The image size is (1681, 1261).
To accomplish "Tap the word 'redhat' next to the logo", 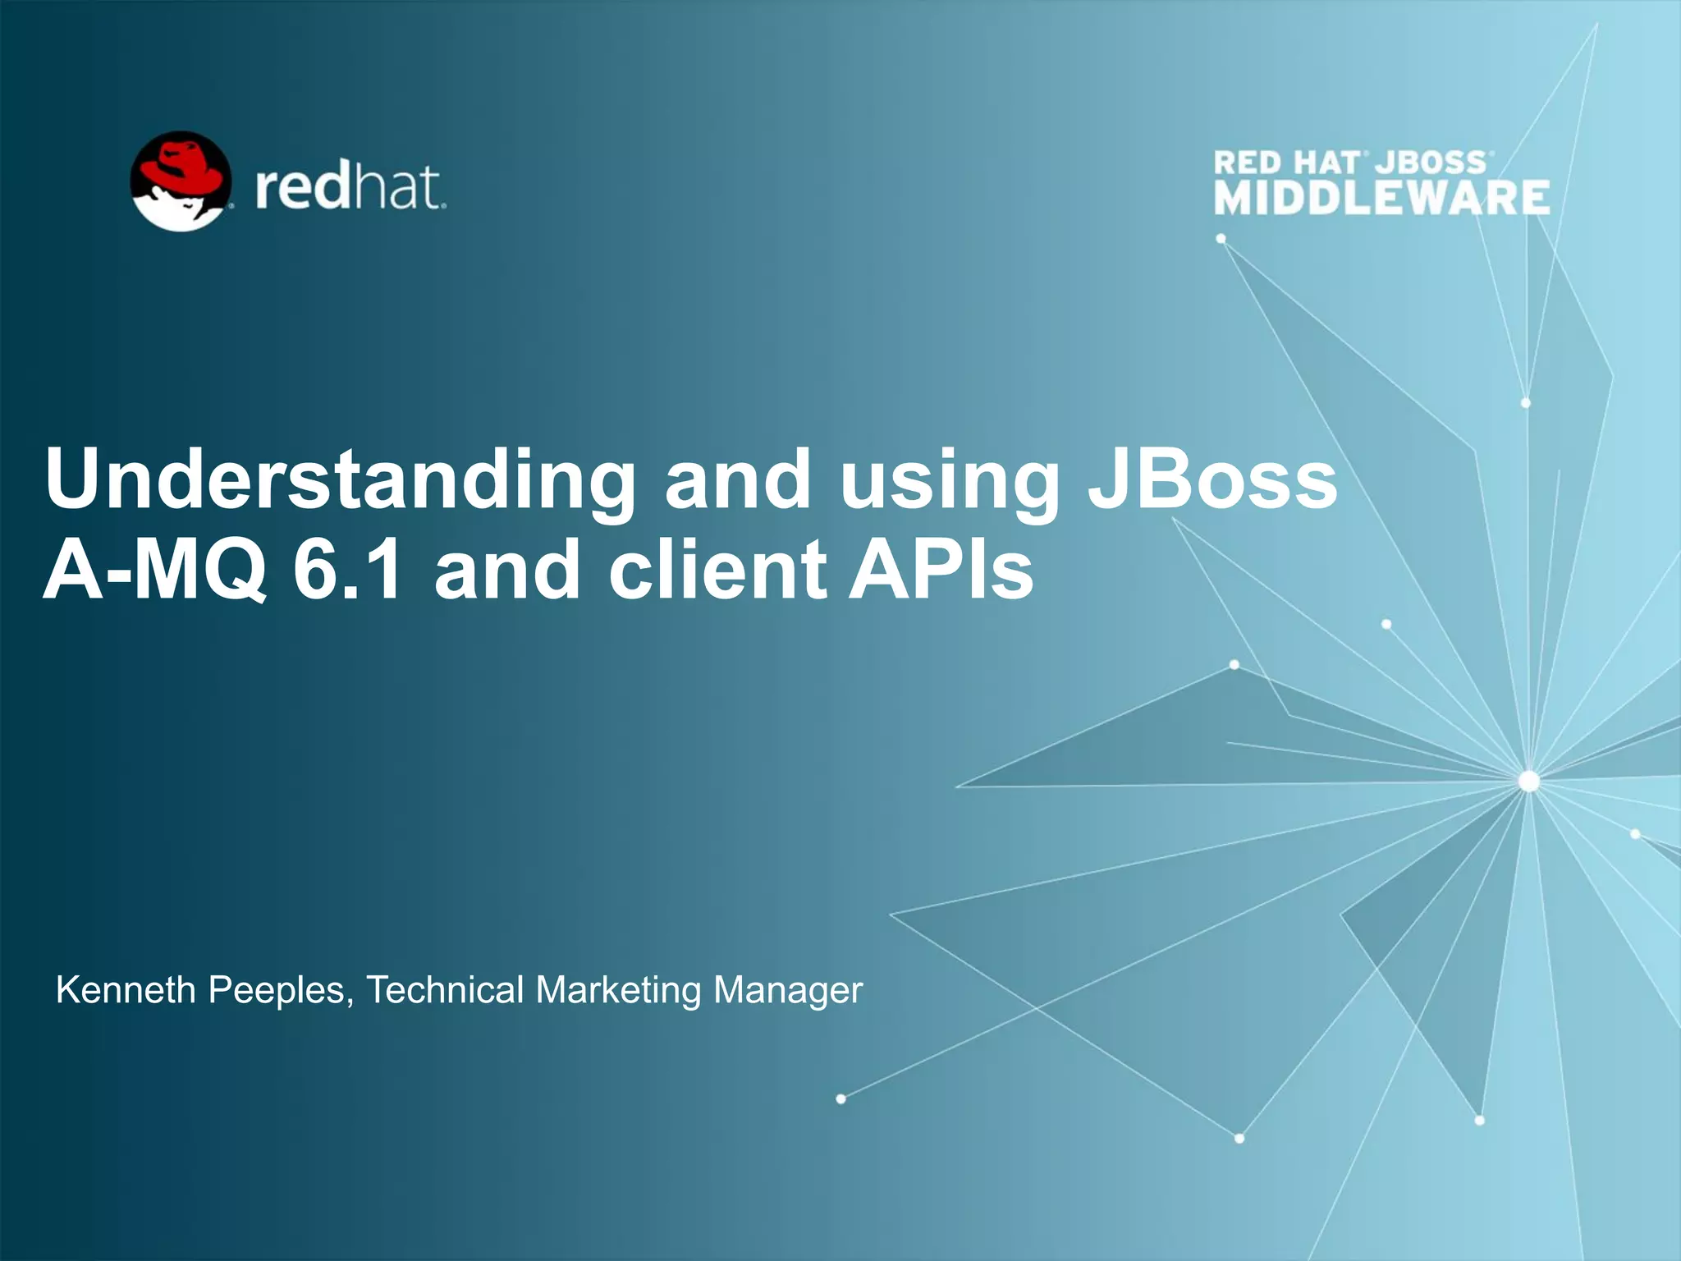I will pyautogui.click(x=350, y=188).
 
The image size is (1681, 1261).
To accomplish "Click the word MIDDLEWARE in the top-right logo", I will pyautogui.click(x=1382, y=199).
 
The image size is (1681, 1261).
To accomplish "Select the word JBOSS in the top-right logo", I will pyautogui.click(x=1431, y=163).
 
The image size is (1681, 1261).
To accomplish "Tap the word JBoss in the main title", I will pyautogui.click(x=1213, y=479).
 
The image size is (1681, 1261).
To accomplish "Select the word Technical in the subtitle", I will pyautogui.click(x=445, y=990).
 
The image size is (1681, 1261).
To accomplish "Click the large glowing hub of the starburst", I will pyautogui.click(x=1529, y=781).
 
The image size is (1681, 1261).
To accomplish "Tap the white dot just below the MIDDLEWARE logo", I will pyautogui.click(x=1221, y=239).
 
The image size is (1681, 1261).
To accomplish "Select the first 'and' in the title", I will pyautogui.click(x=737, y=479).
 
